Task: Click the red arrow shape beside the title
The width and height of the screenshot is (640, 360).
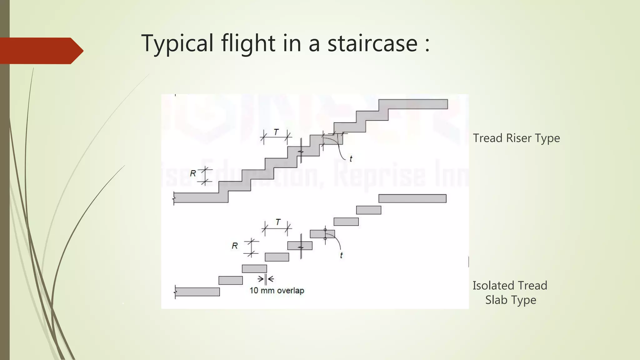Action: [x=41, y=51]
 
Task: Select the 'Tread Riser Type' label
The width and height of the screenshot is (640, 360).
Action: [x=516, y=138]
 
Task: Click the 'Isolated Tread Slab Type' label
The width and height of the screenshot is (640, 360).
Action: [x=510, y=292]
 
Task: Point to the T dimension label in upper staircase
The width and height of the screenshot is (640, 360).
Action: [x=276, y=132]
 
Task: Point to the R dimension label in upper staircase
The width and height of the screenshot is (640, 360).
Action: [x=193, y=173]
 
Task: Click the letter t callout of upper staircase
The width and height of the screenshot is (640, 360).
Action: [x=351, y=159]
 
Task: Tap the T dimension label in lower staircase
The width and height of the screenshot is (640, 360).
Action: [x=278, y=222]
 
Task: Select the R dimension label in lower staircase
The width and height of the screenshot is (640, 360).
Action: [x=235, y=246]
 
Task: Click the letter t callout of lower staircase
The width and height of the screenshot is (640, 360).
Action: [x=341, y=255]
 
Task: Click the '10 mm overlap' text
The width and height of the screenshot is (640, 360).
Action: [x=277, y=291]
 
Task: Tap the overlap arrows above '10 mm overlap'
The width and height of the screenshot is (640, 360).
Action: [x=266, y=279]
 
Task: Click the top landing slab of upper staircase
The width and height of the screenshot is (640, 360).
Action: [x=413, y=104]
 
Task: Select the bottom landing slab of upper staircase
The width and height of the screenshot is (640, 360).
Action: [x=200, y=197]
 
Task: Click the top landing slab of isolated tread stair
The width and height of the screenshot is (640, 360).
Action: [x=412, y=198]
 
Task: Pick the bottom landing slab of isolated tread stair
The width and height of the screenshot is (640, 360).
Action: [x=197, y=292]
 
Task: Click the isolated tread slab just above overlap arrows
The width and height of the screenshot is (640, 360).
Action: [x=254, y=269]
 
